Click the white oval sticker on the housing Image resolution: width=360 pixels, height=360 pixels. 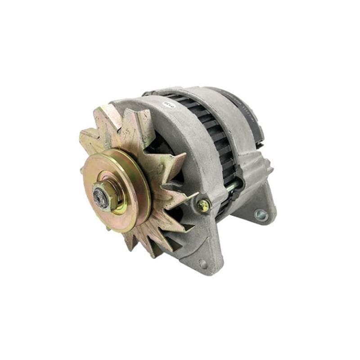click(168, 105)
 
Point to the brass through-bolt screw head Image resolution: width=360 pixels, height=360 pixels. click(203, 206)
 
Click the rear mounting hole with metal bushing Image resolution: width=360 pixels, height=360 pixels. click(260, 215)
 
